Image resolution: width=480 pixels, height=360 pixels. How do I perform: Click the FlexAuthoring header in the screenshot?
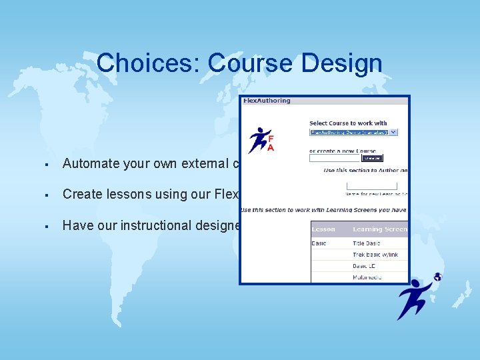[x=267, y=101]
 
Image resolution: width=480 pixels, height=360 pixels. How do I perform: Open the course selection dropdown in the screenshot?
[x=353, y=132]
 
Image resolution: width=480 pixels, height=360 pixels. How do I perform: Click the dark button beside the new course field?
[x=372, y=158]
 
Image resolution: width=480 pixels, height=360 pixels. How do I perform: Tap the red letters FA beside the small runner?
[x=271, y=141]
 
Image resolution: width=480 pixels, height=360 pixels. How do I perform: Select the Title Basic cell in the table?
[x=367, y=243]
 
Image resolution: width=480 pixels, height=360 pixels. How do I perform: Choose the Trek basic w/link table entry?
[x=375, y=255]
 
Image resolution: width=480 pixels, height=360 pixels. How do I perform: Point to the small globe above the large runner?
[x=437, y=277]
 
